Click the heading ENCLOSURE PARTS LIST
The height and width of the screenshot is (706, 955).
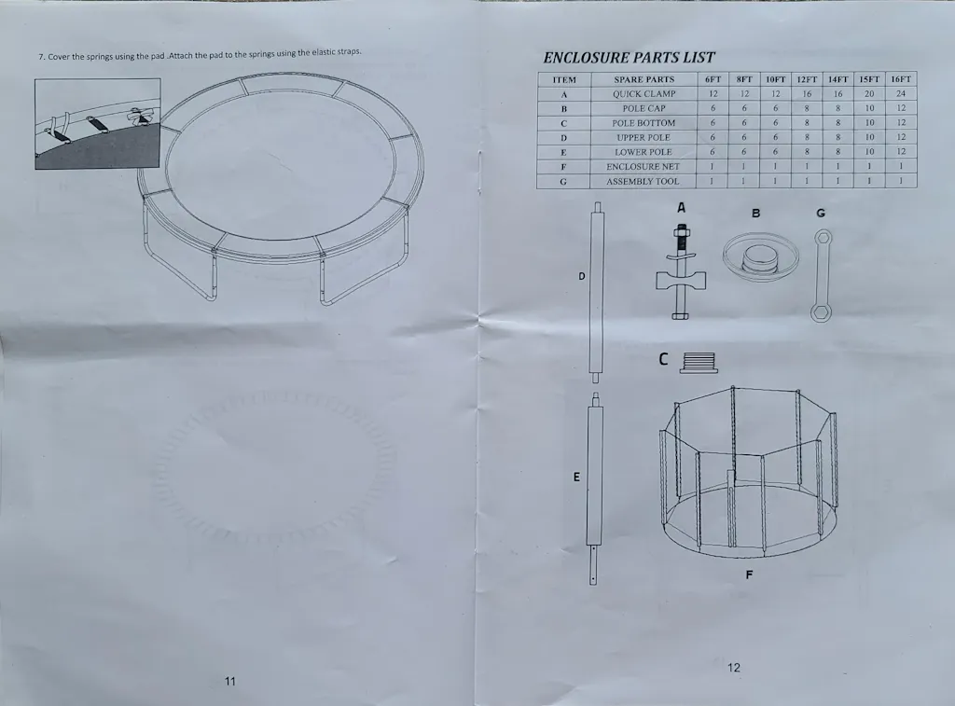[629, 58]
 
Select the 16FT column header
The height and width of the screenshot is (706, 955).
[901, 79]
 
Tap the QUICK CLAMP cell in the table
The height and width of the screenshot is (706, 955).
[644, 94]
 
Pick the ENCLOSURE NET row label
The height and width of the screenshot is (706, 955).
[643, 166]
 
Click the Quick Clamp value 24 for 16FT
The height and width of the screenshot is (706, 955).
[901, 94]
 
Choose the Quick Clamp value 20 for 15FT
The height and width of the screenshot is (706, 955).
[869, 94]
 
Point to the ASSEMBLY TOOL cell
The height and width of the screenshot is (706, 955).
[643, 181]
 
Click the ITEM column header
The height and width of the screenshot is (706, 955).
[564, 80]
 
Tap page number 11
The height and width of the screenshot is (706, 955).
[229, 681]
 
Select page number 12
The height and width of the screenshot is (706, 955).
[734, 668]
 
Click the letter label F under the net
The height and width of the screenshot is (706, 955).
[749, 574]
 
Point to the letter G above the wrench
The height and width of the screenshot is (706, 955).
[821, 214]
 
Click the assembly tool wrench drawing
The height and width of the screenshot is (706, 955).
[821, 275]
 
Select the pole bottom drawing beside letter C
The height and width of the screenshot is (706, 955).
[699, 363]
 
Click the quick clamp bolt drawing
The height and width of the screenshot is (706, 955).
[681, 272]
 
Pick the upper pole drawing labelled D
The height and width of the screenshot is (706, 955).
[596, 293]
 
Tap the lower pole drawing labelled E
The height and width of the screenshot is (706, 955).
[594, 489]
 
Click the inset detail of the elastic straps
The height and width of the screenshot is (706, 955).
[98, 124]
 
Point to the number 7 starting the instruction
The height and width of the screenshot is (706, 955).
[41, 57]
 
